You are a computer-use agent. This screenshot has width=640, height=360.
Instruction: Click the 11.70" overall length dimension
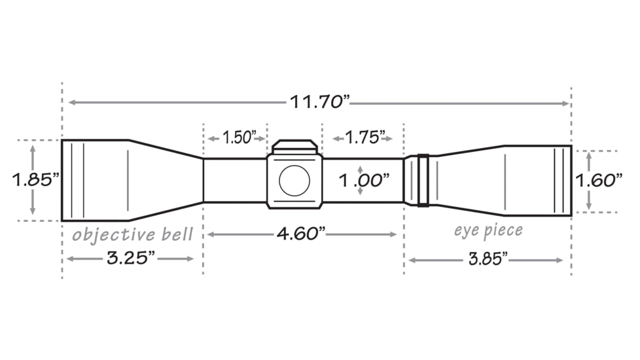[x=321, y=103]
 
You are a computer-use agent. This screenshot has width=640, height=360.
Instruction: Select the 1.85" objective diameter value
[x=35, y=180]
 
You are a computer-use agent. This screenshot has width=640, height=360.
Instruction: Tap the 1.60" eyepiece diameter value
[x=597, y=181]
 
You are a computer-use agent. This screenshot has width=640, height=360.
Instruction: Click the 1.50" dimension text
[x=237, y=138]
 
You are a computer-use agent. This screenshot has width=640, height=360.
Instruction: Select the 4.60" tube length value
[x=300, y=234]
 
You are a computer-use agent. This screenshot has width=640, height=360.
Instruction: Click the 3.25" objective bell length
[x=131, y=259]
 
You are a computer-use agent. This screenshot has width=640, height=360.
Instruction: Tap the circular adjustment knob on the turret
[x=294, y=181]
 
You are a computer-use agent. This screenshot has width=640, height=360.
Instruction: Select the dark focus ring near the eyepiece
[x=423, y=180]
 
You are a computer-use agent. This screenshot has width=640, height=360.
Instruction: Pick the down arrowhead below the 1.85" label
[x=33, y=211]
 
